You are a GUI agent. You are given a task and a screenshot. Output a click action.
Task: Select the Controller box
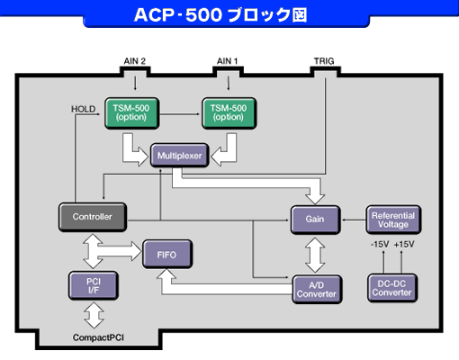(x=91, y=216)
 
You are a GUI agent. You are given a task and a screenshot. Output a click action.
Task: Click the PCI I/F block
(x=91, y=287)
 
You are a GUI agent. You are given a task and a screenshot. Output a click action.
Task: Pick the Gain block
(x=315, y=219)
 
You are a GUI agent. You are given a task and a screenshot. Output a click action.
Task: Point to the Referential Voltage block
(x=393, y=217)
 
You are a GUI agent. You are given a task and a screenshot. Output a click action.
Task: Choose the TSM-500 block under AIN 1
(x=228, y=111)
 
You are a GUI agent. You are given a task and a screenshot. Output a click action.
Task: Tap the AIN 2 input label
(x=133, y=61)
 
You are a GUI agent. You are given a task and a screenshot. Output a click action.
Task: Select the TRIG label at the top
(x=323, y=61)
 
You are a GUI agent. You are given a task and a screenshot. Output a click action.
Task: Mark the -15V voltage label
(x=381, y=244)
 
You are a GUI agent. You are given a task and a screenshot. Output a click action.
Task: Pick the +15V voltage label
(x=405, y=244)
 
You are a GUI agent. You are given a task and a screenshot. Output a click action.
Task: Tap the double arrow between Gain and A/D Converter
(x=315, y=254)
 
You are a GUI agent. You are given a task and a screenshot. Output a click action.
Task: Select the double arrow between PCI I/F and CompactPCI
(x=91, y=315)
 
